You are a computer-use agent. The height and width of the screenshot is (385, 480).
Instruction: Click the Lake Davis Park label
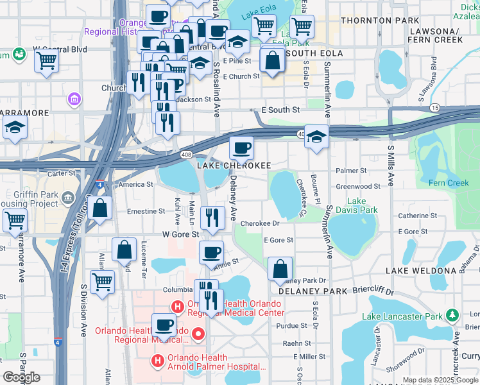click(x=357, y=205)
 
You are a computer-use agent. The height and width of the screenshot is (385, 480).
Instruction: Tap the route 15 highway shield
click(x=436, y=107)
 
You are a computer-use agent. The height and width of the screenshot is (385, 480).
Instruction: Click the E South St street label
click(x=281, y=110)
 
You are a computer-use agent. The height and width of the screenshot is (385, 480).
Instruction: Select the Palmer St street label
click(x=352, y=171)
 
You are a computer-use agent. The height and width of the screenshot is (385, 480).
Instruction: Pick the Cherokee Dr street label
click(x=260, y=224)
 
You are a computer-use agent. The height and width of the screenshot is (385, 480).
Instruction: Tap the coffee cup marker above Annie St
click(x=211, y=252)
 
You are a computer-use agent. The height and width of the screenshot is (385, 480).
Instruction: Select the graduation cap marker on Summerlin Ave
click(x=316, y=136)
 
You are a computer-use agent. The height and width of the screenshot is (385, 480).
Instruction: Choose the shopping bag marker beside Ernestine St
click(x=100, y=208)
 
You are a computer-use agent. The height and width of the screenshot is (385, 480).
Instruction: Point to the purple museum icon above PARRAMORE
click(x=74, y=99)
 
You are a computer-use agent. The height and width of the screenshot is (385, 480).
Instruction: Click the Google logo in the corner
click(x=21, y=377)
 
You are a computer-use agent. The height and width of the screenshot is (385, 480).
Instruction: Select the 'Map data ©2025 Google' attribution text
click(x=440, y=380)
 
